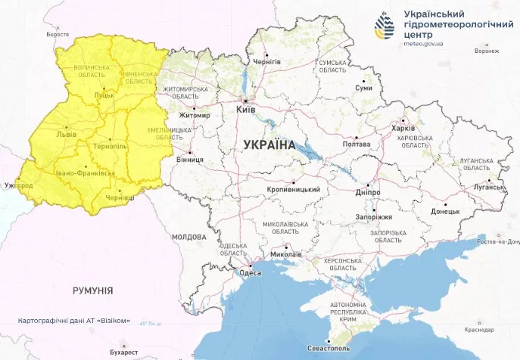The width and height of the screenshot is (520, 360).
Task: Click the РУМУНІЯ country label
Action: (93, 290)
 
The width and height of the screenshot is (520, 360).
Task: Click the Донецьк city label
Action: (444, 212)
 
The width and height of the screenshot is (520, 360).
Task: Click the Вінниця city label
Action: (188, 160)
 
